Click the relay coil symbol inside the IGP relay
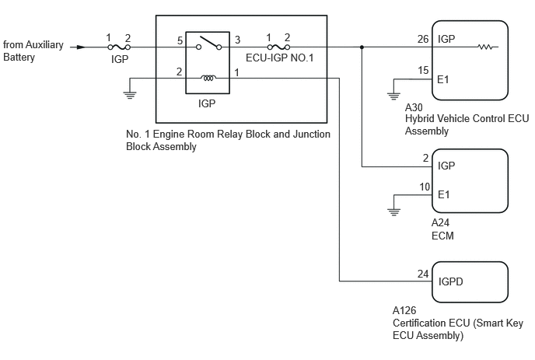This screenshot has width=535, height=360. click(208, 78)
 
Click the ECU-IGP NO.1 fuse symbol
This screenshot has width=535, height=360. click(278, 47)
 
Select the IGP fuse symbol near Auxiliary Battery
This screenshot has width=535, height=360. click(119, 47)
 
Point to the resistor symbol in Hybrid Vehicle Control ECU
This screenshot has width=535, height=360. click(485, 47)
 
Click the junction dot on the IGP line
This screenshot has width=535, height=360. click(362, 47)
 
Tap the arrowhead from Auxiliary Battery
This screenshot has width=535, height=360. click(81, 47)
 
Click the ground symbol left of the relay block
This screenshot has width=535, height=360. click(130, 95)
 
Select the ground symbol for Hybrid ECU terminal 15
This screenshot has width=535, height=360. click(393, 96)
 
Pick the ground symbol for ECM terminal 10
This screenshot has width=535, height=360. click(393, 212)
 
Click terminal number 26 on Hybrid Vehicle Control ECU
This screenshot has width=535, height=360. click(423, 39)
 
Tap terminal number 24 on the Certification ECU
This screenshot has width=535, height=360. click(423, 274)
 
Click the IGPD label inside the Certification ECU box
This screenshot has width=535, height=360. click(451, 281)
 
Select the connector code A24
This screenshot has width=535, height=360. click(440, 223)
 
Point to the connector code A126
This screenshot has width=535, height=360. click(404, 310)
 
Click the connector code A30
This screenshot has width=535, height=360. click(414, 108)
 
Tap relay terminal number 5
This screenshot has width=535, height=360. click(180, 41)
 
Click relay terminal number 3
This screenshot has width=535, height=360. click(237, 40)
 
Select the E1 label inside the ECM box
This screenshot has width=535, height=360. click(443, 194)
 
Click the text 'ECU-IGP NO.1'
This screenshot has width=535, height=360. click(279, 58)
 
